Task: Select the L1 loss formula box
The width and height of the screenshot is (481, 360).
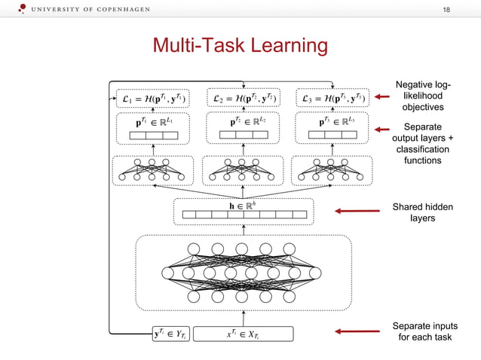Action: pyautogui.click(x=155, y=98)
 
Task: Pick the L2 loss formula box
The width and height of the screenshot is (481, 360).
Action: pyautogui.click(x=244, y=98)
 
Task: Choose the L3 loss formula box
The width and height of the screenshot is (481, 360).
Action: pyautogui.click(x=332, y=98)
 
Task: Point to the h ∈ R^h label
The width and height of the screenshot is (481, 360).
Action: pyautogui.click(x=244, y=205)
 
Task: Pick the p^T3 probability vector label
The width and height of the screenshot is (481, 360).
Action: pyautogui.click(x=332, y=121)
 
